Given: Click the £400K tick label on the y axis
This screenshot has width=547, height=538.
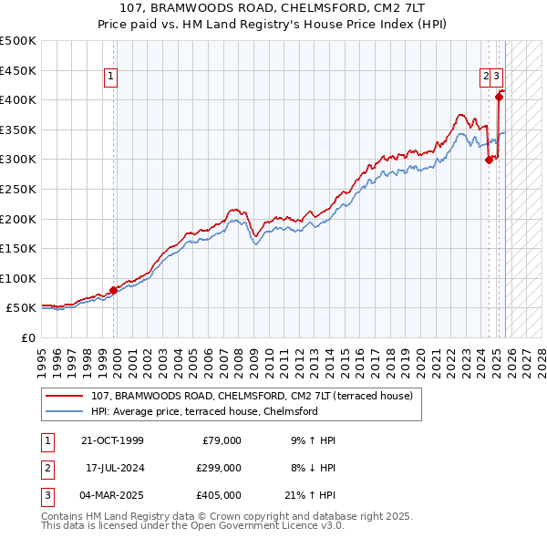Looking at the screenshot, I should [18, 99].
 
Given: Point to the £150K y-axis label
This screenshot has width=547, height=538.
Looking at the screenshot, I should [18, 248].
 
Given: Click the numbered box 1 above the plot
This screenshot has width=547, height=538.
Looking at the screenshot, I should [110, 78].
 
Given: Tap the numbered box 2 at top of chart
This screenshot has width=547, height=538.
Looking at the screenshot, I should [486, 78].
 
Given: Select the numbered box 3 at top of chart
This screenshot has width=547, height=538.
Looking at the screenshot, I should [499, 78].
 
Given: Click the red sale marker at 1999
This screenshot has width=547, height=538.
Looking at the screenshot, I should [114, 291].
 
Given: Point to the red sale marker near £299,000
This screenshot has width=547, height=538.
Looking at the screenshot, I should [489, 160].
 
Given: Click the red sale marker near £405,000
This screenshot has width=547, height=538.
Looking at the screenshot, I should [499, 97].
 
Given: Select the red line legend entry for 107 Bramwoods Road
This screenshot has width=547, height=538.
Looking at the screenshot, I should [252, 396].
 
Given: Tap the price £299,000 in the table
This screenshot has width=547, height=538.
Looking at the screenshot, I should [219, 468].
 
